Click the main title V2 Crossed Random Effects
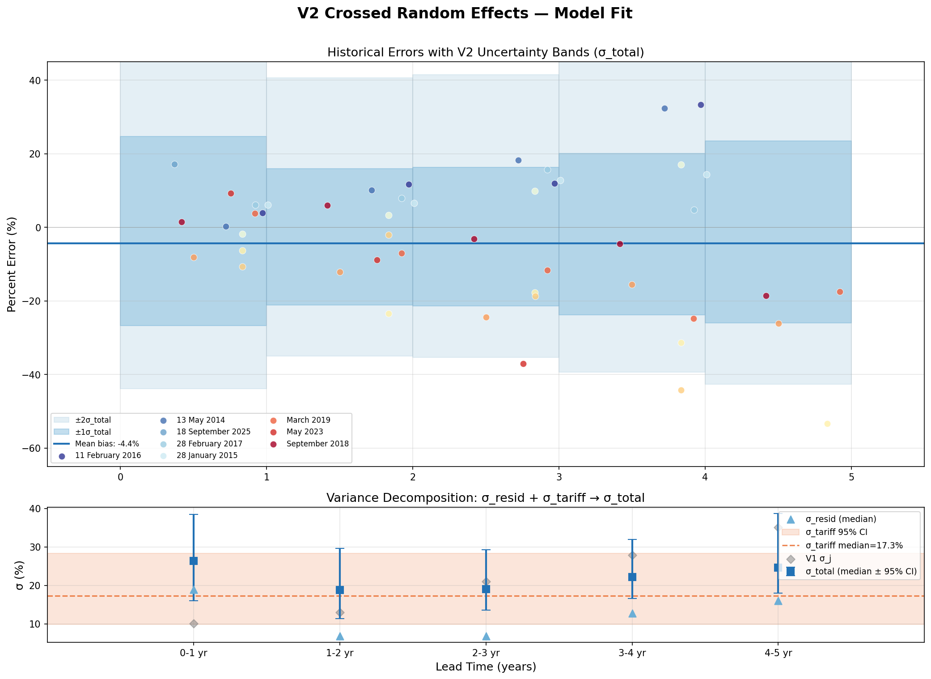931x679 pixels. coord(465,13)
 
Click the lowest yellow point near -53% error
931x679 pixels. coord(827,424)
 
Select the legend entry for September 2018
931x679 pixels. coord(317,444)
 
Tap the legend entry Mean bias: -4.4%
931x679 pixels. coord(107,444)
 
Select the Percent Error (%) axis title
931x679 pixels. coord(12,264)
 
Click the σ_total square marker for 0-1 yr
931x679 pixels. coord(194,561)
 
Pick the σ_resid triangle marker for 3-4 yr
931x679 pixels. coord(632,613)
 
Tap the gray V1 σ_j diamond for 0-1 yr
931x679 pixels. coord(194,624)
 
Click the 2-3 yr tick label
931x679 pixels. coord(486,653)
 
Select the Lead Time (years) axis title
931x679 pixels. coord(486,667)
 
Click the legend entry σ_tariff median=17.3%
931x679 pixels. coord(854,545)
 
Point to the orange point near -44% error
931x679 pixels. coord(681,390)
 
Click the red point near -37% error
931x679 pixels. coord(523,364)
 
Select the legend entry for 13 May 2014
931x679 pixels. coord(200,420)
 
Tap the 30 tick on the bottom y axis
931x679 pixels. coord(36,547)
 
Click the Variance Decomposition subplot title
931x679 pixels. coord(486,498)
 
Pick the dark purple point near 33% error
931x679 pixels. coord(701,105)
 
